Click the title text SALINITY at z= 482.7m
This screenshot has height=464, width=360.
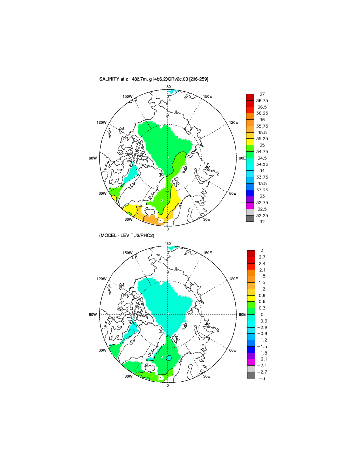[x=125, y=79]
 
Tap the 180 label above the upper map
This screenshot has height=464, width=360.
[x=168, y=87]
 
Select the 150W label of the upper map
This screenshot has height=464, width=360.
[x=128, y=96]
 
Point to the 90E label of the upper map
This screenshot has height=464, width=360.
[x=242, y=158]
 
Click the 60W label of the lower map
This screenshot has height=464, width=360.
[x=102, y=350]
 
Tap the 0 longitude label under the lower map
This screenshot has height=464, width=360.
[x=168, y=385]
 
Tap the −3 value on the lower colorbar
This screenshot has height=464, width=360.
[x=262, y=379]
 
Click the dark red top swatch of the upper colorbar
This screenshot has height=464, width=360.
[x=250, y=97]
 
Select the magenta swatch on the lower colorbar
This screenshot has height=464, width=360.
[x=251, y=362]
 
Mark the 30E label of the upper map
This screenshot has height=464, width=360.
[x=207, y=219]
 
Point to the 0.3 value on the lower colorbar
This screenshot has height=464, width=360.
[x=262, y=308]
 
